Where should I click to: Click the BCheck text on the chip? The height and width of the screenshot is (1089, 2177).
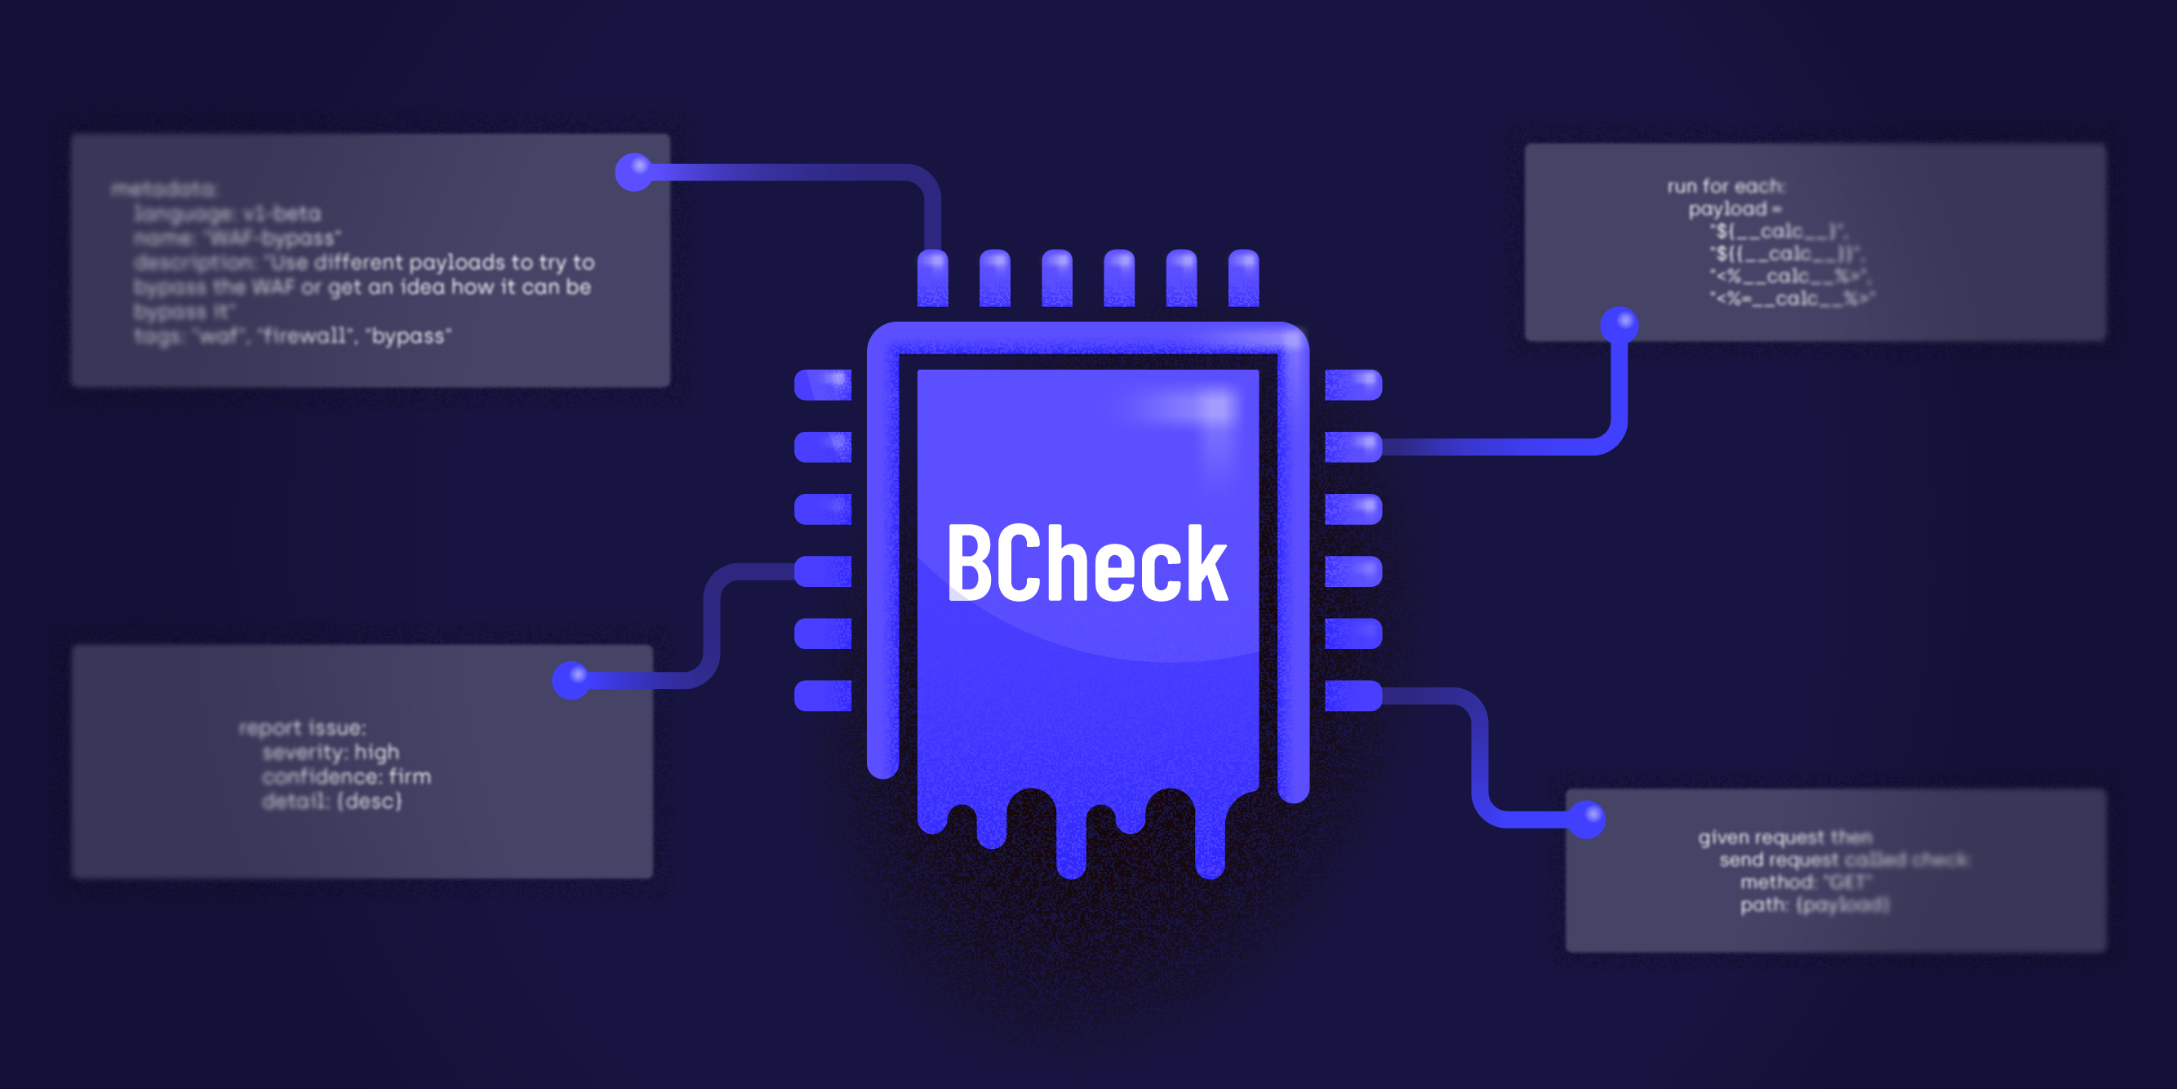coord(1086,563)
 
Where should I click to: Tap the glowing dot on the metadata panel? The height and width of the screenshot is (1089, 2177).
coord(633,171)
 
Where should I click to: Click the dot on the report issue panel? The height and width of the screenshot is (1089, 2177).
coord(571,679)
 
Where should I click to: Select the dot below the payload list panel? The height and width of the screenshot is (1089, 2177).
coord(1619,325)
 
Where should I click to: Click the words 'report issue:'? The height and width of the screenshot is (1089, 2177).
coord(303,728)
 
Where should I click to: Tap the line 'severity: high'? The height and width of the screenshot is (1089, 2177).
coord(331,753)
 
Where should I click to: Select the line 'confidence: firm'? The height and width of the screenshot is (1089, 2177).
coord(346,777)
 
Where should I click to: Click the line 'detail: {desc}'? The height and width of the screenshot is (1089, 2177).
coord(332,802)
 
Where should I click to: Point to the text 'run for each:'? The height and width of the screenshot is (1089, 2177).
coord(1726,186)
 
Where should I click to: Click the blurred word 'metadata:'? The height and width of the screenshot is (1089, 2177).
coord(166,189)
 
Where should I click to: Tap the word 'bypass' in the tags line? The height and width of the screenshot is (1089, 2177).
coord(409,336)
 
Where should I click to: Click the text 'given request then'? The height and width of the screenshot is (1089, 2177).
coord(1785,837)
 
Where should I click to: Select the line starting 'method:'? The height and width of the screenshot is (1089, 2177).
coord(1805,882)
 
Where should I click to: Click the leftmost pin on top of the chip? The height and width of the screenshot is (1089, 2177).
coord(932,278)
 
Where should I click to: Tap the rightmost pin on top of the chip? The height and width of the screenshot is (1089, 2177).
coord(1243,278)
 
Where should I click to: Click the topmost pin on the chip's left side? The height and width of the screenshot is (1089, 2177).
coord(823,384)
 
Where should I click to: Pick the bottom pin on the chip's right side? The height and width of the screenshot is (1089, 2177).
coord(1353,696)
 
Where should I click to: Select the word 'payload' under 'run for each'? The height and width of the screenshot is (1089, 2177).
coord(1728,209)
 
